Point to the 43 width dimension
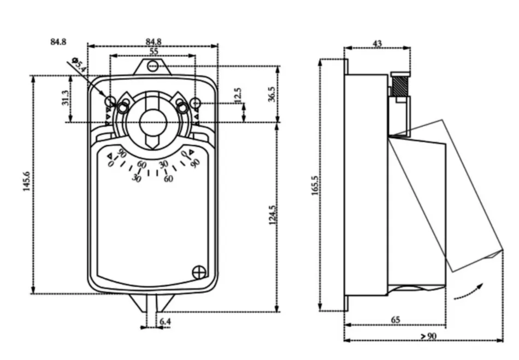378,44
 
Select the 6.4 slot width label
165,322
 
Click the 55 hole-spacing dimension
154,50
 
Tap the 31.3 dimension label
66,98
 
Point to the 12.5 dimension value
238,95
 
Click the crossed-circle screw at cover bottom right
200,271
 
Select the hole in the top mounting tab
153,66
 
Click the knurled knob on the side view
400,85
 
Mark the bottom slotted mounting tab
153,303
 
